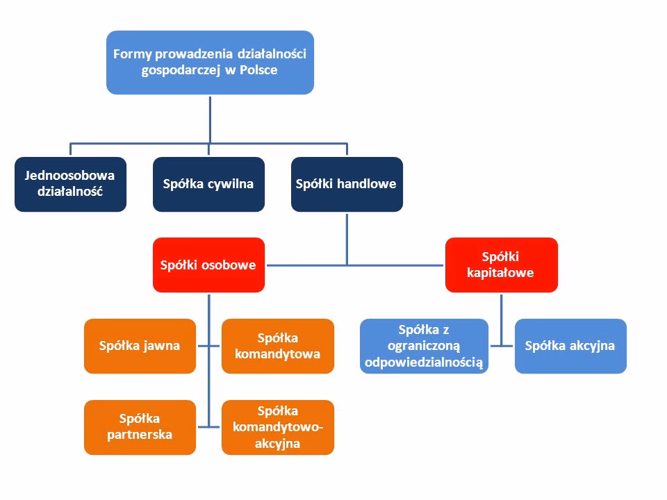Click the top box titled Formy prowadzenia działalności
tap(209, 62)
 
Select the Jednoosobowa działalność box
tap(70, 184)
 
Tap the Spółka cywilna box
tap(208, 184)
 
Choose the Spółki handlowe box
tap(346, 184)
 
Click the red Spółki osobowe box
tap(208, 265)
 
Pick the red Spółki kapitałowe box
tap(501, 265)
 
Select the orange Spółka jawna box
tap(140, 345)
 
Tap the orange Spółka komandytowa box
tap(277, 345)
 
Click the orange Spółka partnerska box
tap(140, 427)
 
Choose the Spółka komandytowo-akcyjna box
tap(277, 427)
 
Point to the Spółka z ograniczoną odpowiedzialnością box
tap(423, 345)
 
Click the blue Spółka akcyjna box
tap(570, 345)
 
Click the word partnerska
tap(140, 435)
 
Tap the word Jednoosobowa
tap(70, 176)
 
